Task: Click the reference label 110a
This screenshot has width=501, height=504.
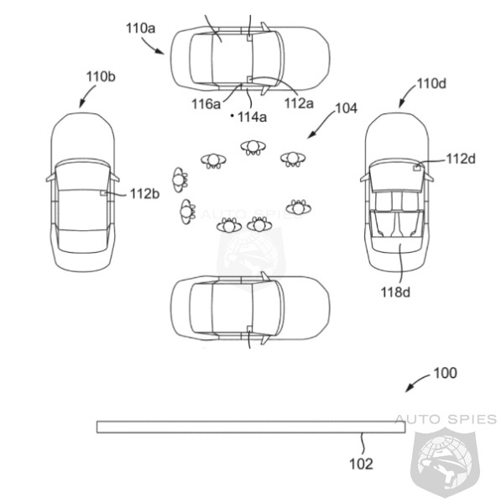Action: coord(140,29)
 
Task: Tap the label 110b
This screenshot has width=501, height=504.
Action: coord(101,76)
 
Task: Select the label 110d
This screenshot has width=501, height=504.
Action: coord(431,83)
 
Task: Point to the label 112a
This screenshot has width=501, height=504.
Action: coord(299,103)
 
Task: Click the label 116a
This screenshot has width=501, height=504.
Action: coord(206,104)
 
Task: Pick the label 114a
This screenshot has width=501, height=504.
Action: coord(252,118)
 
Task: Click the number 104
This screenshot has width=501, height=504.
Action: coord(346,108)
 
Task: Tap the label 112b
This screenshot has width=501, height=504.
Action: coord(144,194)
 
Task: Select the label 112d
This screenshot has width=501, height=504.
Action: coord(461,159)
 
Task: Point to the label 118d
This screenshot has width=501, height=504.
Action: coord(395,292)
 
